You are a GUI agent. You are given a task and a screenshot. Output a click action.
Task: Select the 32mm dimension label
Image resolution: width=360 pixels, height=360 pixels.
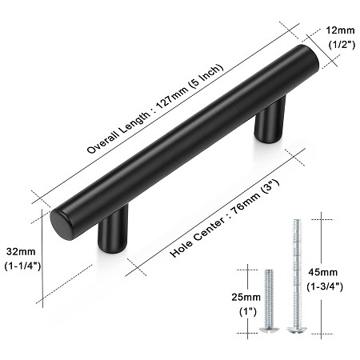[x=19, y=249]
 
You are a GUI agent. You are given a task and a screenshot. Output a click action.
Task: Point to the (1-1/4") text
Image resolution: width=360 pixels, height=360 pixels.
[x=21, y=265]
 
